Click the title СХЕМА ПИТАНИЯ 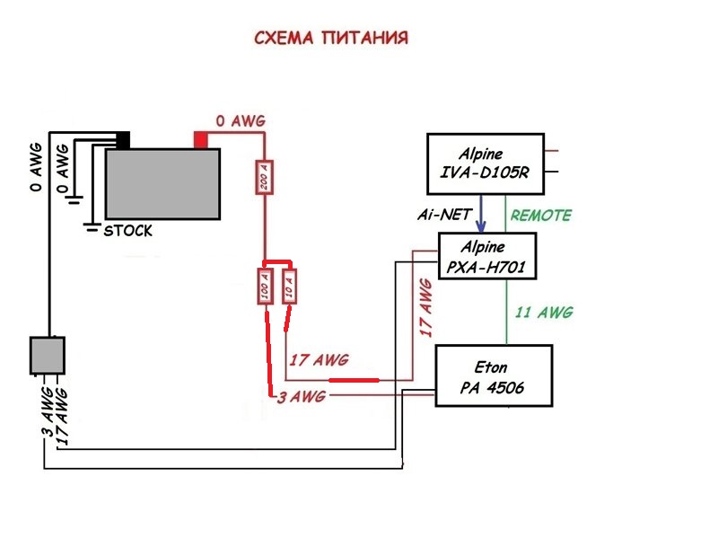[332, 39]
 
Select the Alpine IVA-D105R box [485, 163]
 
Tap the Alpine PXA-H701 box [486, 257]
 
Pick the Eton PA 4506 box [493, 376]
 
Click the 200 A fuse [263, 179]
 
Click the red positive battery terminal [201, 140]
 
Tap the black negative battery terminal [122, 140]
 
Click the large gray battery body [162, 184]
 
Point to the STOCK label [128, 231]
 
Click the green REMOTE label [540, 216]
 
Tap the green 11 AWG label [543, 313]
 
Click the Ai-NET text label [441, 216]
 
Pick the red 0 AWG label [241, 120]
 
